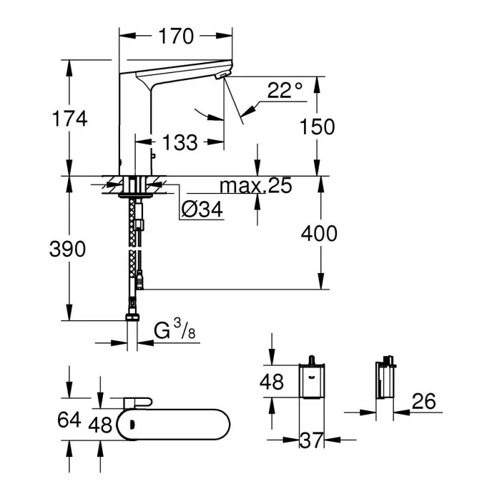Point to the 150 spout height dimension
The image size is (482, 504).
(x=318, y=127)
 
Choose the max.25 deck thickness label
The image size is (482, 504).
(x=255, y=187)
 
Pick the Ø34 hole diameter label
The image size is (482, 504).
(x=202, y=209)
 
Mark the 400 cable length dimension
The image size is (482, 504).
(x=319, y=233)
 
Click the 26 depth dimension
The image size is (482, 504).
(x=424, y=402)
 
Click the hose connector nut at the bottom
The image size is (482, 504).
(x=133, y=318)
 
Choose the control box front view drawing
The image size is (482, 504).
(x=311, y=380)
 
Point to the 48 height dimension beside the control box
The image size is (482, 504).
(x=272, y=382)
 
